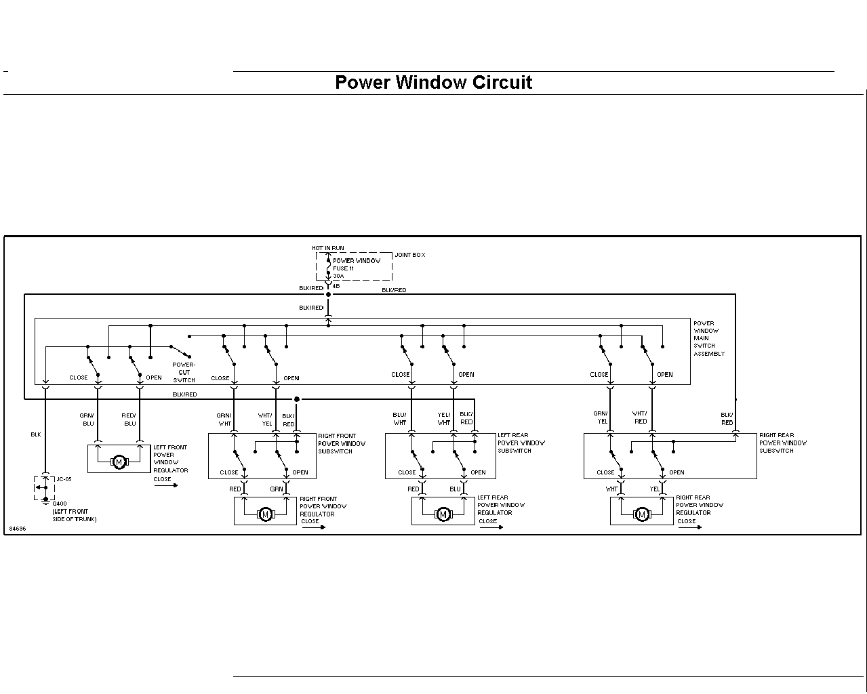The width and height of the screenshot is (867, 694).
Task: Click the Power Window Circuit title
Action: tap(434, 83)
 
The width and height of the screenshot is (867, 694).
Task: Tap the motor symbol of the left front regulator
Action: tap(119, 462)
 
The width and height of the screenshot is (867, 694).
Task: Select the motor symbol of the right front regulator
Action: tap(266, 514)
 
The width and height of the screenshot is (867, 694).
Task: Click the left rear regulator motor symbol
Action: tap(443, 514)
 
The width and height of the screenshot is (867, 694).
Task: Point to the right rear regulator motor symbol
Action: tap(642, 514)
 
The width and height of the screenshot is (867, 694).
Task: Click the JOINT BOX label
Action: tap(409, 255)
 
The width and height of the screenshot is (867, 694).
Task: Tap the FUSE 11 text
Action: tap(343, 268)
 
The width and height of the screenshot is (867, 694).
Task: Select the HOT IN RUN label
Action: tap(328, 248)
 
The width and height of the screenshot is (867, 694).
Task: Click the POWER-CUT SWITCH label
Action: tap(184, 373)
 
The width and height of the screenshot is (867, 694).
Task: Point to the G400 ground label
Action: tap(60, 504)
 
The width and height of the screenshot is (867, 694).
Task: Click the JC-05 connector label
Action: tap(64, 479)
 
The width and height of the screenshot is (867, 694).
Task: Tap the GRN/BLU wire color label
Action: tap(87, 420)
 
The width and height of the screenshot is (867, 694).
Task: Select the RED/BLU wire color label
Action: tap(129, 420)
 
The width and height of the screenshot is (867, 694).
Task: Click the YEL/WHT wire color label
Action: tap(444, 419)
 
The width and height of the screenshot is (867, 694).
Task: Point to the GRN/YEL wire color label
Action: tap(601, 417)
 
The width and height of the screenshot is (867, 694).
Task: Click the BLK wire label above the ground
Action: tap(36, 434)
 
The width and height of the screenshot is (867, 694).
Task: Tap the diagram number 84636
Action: tap(18, 529)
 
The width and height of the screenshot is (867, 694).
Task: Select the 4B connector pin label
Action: tap(336, 287)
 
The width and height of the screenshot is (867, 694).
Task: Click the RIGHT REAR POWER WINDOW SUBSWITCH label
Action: tap(783, 443)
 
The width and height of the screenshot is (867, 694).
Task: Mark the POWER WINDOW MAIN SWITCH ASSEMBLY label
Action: tap(709, 339)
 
